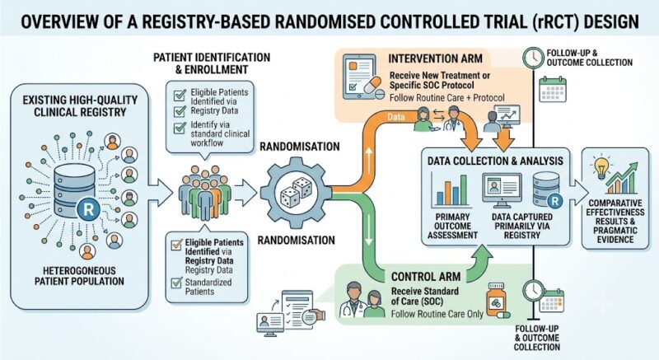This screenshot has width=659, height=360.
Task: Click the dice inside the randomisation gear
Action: [297, 191]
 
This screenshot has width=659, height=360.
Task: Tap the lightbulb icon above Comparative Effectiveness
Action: [601, 166]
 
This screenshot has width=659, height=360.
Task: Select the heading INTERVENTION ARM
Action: [435, 58]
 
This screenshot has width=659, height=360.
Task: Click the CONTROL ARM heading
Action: [426, 277]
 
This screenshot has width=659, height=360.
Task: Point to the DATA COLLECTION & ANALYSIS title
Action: [495, 161]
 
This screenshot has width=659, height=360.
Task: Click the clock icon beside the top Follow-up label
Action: [533, 58]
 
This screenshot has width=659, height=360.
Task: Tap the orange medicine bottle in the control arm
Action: [496, 300]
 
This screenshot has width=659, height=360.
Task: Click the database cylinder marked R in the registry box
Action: [75, 191]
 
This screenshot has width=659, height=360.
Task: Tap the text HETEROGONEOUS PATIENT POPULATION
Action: [79, 276]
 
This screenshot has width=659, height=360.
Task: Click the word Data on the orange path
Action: [396, 117]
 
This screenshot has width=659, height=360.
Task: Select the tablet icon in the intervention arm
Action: [359, 77]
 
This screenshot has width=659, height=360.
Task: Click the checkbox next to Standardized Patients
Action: [176, 283]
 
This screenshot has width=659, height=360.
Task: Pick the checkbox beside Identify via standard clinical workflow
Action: [180, 127]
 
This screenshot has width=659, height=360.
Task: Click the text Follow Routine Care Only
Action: [437, 314]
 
